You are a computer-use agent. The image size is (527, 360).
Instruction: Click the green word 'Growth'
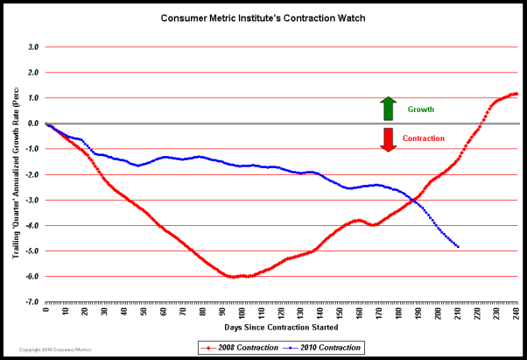coord(421,109)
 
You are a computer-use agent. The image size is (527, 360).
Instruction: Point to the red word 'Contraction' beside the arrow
coord(425,138)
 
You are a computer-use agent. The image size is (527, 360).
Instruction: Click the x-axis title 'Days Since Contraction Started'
coord(281,327)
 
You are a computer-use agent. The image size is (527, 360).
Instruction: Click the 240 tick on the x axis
coord(516,310)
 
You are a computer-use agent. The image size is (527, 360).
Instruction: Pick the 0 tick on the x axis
coord(46,310)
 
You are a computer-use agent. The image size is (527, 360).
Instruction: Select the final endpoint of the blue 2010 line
coord(458,246)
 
